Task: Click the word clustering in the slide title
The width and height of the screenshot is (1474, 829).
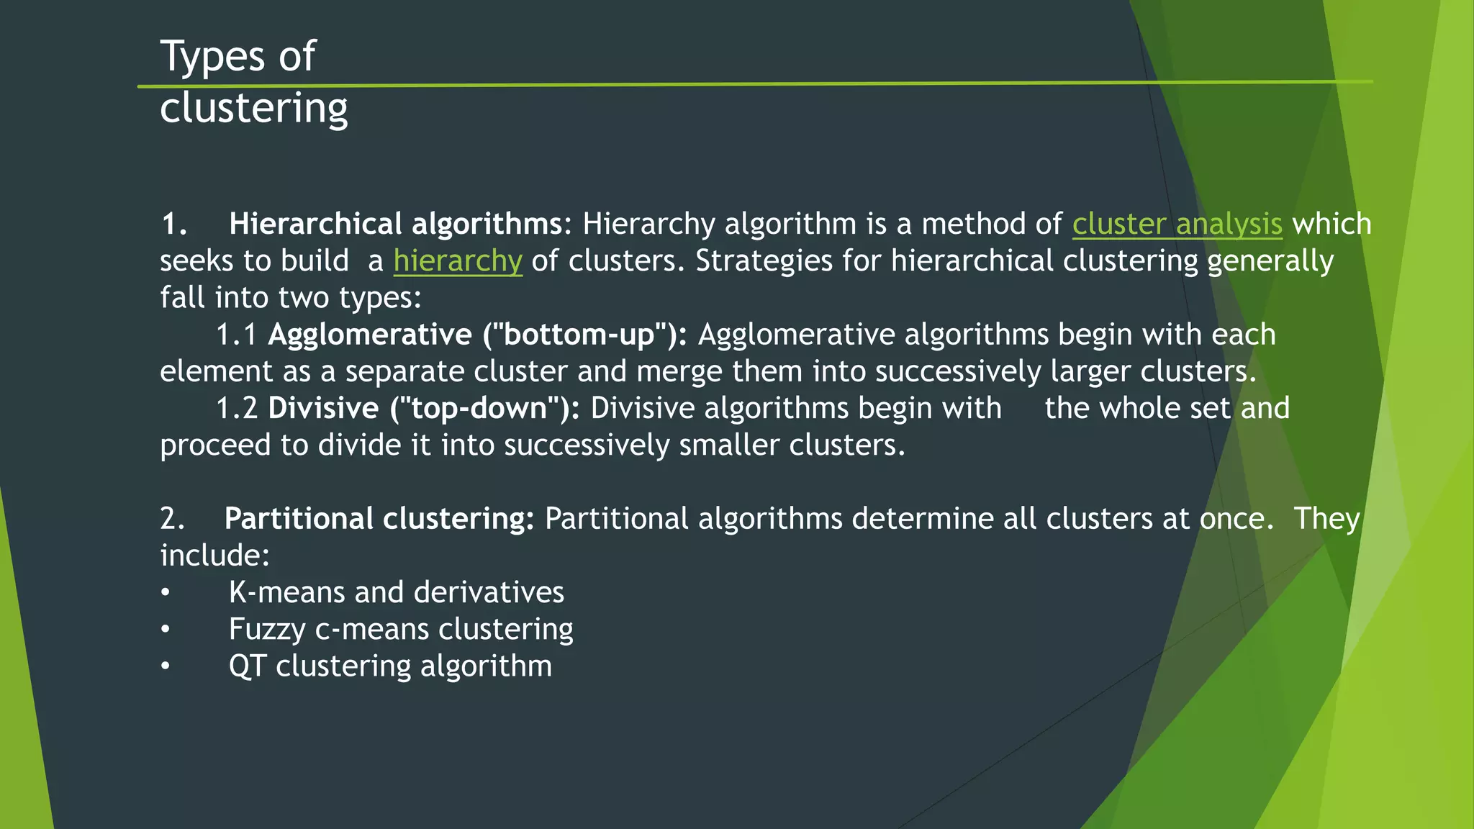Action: pos(253,108)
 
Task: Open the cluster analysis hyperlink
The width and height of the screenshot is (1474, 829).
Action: pos(1177,224)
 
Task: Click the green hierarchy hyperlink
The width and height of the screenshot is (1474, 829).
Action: pos(457,261)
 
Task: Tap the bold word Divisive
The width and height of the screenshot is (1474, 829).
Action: pos(323,408)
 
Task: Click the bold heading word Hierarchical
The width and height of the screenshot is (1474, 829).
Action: pos(315,224)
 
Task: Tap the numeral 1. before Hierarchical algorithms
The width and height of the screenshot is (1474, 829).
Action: pos(173,224)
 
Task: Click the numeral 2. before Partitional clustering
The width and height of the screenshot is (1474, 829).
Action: pos(172,519)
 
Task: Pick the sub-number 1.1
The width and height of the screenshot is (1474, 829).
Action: pos(237,335)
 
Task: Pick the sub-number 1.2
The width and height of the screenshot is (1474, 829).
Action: pos(237,408)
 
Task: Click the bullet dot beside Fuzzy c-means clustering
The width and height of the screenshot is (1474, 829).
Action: pos(166,630)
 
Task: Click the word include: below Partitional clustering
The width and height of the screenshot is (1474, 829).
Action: pos(214,556)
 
